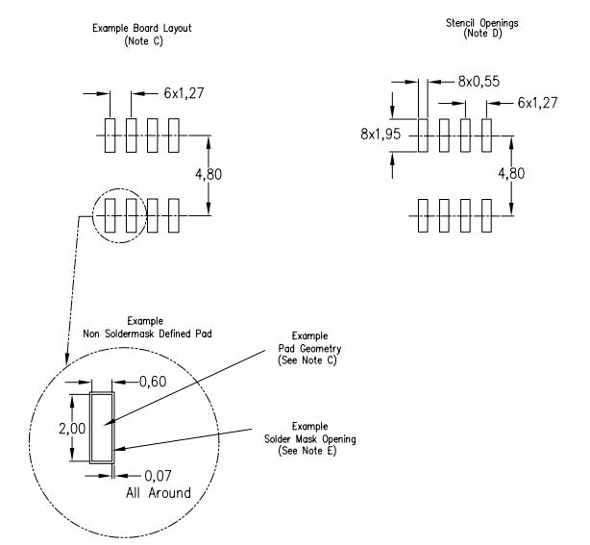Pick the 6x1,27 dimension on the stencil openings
click(539, 102)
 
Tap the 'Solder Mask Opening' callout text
click(299, 437)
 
